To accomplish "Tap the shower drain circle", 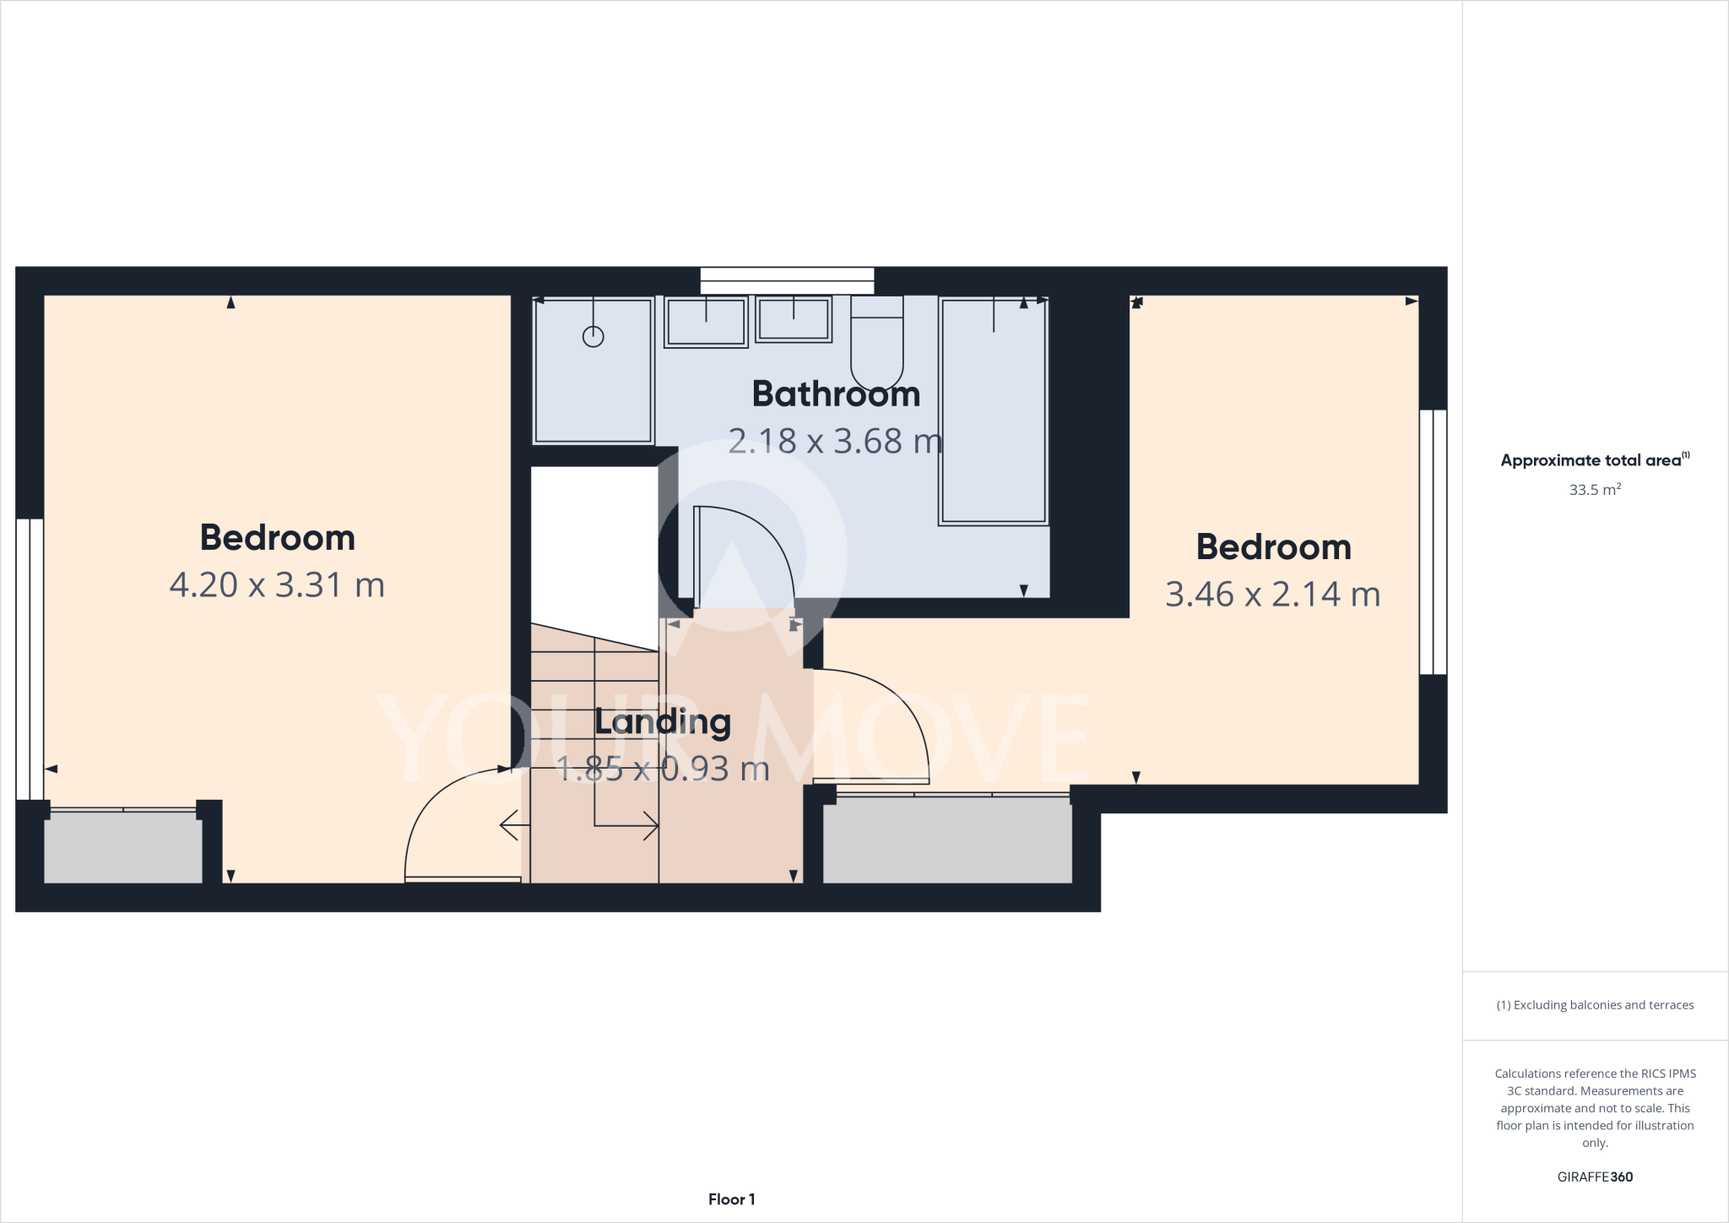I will [593, 336].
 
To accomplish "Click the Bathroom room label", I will [836, 394].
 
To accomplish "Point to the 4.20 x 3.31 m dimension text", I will [277, 585].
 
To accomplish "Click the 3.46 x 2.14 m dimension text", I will [1272, 595].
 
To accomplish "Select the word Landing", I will [663, 722].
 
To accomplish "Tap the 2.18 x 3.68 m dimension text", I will [834, 441].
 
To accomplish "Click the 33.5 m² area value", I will [1594, 490].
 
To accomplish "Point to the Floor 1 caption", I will [731, 1199].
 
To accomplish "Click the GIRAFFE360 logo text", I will [1594, 1177].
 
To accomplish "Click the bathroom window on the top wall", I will [787, 281].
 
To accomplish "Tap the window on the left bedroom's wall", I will [30, 659].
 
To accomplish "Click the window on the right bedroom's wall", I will [1433, 541].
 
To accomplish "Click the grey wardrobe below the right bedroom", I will [947, 841].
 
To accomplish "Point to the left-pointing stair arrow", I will [510, 825].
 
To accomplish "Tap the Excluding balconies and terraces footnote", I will [1594, 1005].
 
